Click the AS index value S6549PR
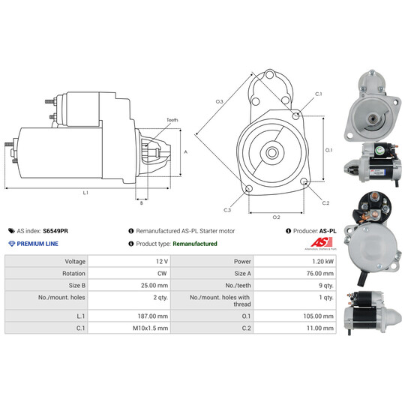coord(55,231)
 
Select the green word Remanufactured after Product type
coord(195,244)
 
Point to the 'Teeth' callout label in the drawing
coord(172,120)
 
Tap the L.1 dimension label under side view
coord(85,193)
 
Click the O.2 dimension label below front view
coord(276,217)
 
